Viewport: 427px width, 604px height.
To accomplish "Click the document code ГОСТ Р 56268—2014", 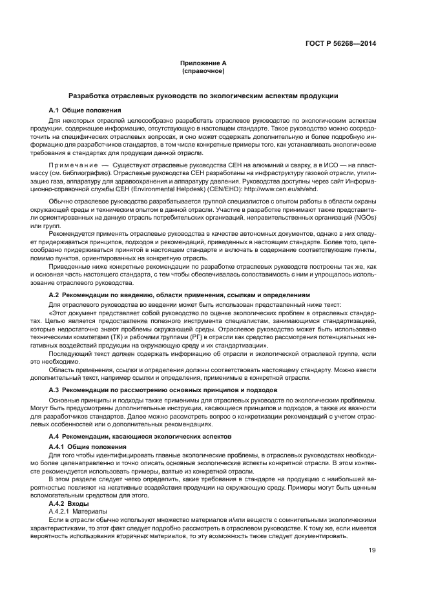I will tap(340, 44).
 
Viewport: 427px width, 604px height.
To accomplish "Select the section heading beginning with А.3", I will tap(163, 390).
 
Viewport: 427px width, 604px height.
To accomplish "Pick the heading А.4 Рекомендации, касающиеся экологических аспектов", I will tap(149, 437).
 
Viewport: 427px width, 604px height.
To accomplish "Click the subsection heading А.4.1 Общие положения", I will tap(88, 447).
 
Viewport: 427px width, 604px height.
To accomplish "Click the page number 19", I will tap(372, 550).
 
